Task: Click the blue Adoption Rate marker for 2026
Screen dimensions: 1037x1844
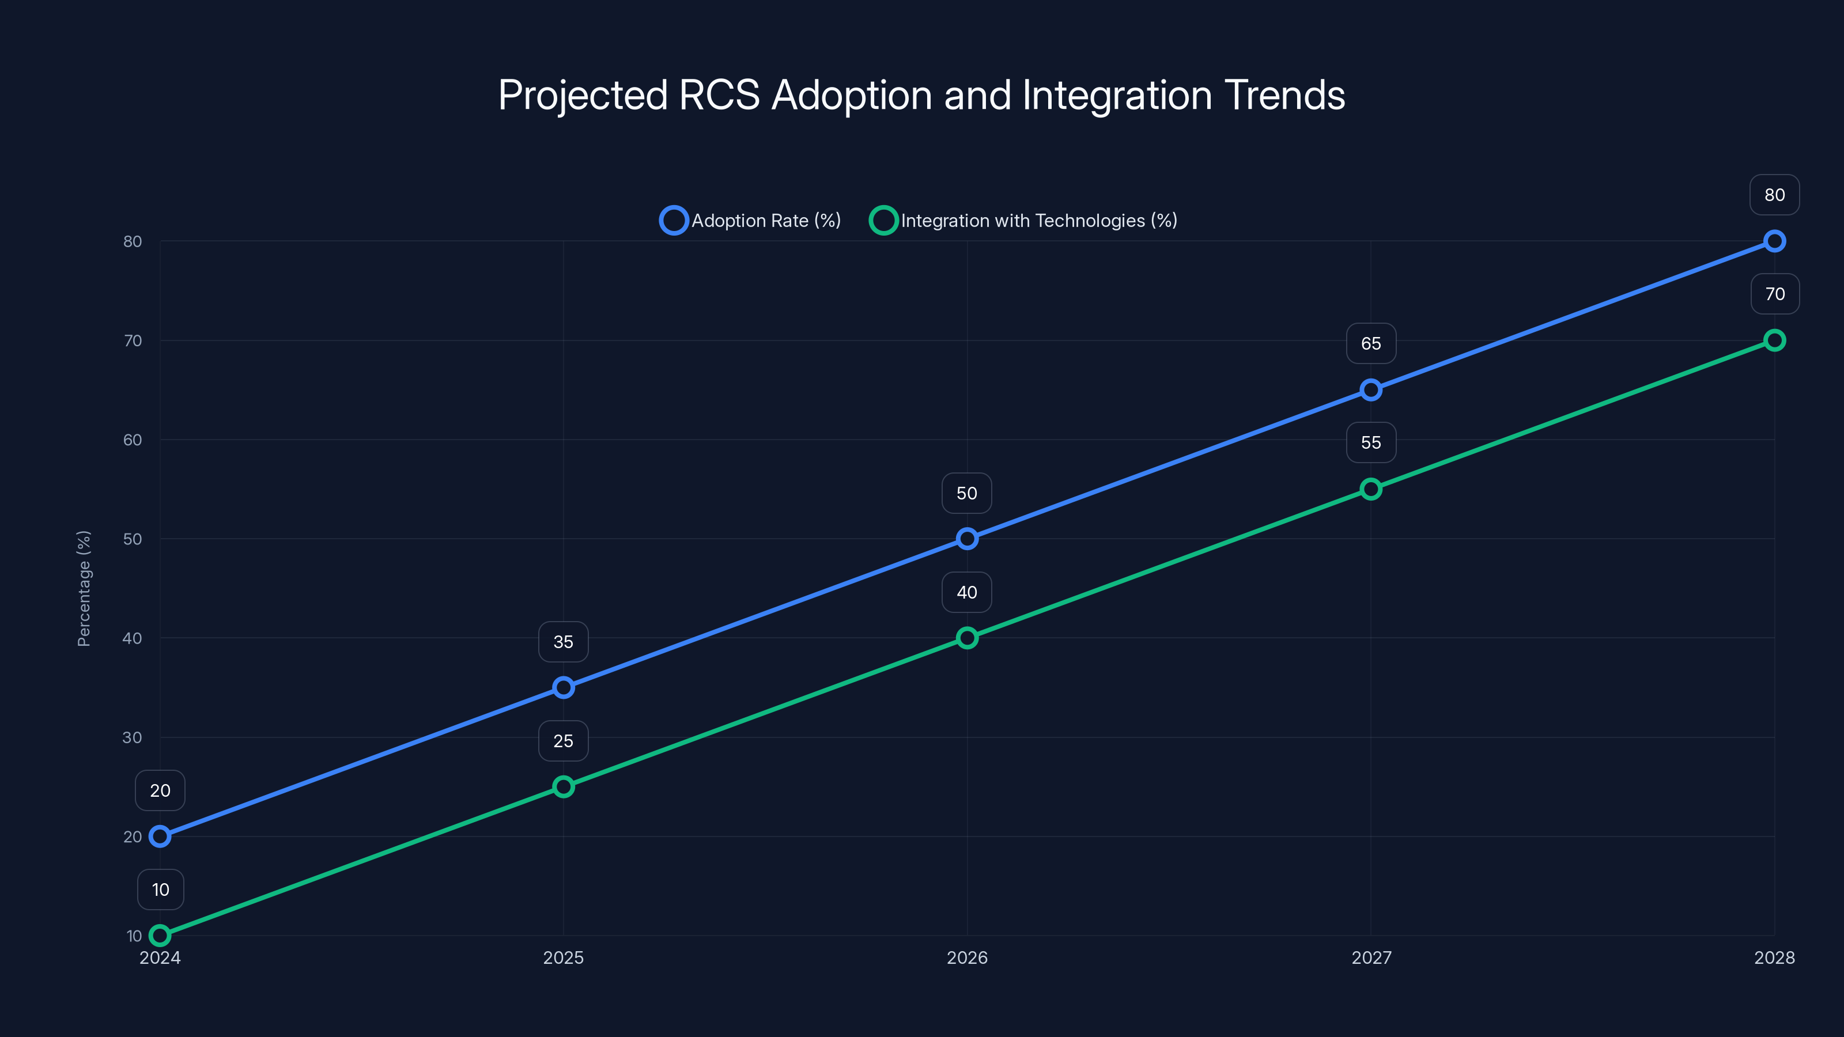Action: (966, 538)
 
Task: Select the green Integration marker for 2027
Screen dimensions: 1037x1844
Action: (1370, 489)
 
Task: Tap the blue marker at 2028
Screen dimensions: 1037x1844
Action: (1774, 241)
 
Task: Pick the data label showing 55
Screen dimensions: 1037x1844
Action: (1370, 442)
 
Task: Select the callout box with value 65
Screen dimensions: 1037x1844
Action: (1370, 343)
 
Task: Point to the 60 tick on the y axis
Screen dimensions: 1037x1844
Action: (133, 440)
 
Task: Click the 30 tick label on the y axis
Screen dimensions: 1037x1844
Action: (133, 737)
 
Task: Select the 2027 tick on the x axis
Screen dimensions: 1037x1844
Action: (1371, 957)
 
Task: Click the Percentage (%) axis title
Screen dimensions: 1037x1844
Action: (84, 588)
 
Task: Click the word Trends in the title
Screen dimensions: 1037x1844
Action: (1284, 95)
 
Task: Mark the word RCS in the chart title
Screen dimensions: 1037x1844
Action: (718, 95)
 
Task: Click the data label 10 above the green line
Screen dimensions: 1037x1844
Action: (160, 890)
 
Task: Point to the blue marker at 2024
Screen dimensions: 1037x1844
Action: (160, 836)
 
